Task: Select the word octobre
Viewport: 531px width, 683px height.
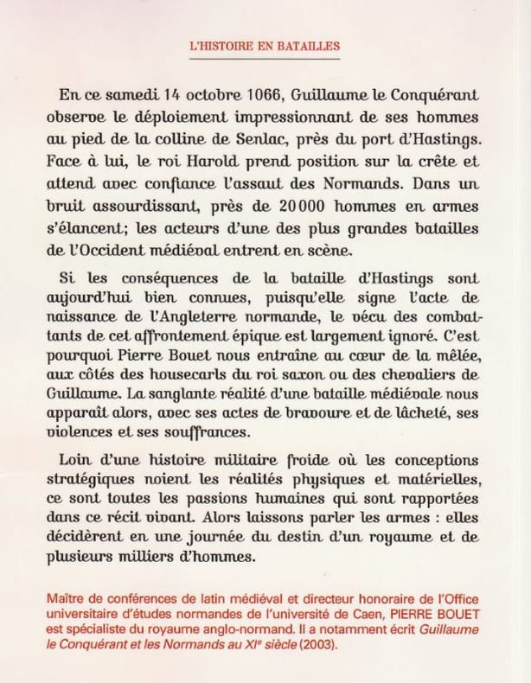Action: [x=168, y=93]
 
